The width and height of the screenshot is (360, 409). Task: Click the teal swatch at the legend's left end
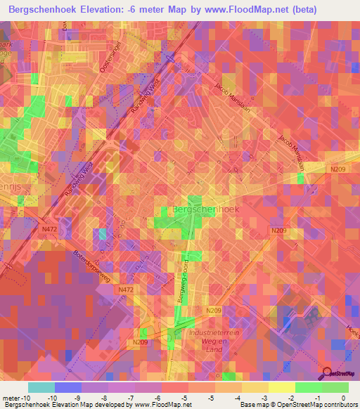41,387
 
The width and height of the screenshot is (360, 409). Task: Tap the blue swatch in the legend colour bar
67,387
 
